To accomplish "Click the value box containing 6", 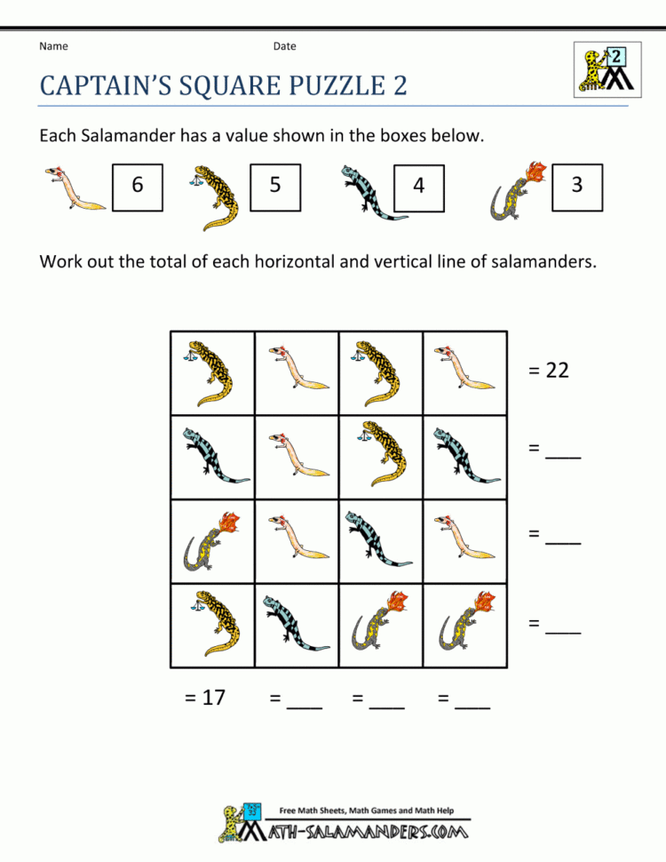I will click(138, 186).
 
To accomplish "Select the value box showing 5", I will click(275, 186).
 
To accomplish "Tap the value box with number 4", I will click(418, 186).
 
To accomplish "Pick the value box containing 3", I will click(577, 186).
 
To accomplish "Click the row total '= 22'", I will click(548, 371).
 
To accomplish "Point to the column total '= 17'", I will click(205, 698).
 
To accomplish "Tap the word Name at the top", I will click(53, 46).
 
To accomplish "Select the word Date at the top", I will click(284, 46).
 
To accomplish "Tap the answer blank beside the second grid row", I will click(562, 452).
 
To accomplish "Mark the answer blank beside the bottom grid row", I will click(562, 625).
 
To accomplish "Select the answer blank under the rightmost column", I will click(472, 702).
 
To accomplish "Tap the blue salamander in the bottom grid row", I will click(296, 623).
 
